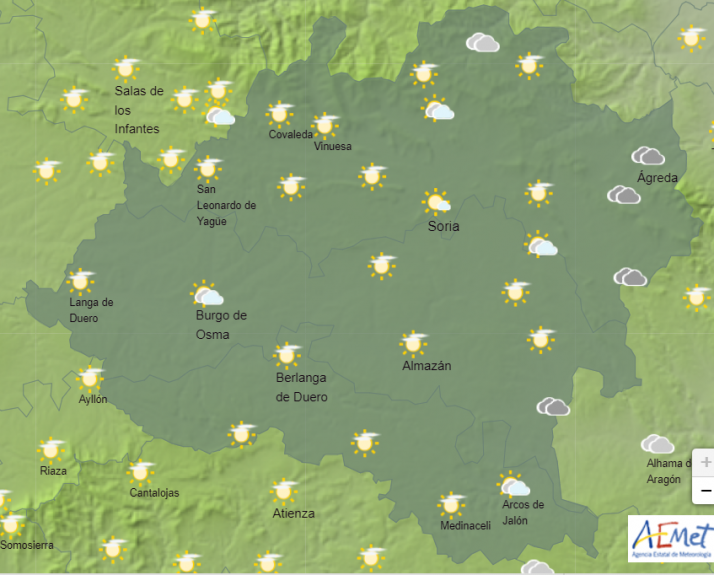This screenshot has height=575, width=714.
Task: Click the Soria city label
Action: pos(443,227)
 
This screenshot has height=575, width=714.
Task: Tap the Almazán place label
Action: pos(426,366)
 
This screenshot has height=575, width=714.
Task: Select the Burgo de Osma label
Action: pos(221,325)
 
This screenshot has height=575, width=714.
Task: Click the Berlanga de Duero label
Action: pos(301,387)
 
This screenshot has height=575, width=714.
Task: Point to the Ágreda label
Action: pos(657,178)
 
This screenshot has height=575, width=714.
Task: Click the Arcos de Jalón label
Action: pos(523,512)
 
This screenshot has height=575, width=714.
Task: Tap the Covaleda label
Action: pos(290,135)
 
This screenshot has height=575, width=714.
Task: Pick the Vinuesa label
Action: pos(333,146)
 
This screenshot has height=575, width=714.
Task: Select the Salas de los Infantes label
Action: pos(138,109)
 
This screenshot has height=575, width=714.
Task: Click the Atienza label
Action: pos(293,514)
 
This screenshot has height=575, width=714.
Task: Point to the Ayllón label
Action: pos(93,400)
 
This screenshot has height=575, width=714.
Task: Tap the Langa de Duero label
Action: pos(91,310)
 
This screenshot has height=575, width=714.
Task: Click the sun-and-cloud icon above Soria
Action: pos(437,202)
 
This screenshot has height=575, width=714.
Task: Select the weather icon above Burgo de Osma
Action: pos(207,294)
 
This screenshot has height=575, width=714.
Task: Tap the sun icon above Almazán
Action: pos(413,343)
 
